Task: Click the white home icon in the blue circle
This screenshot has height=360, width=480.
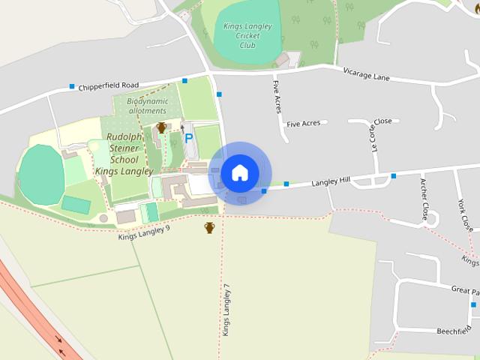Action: point(240,172)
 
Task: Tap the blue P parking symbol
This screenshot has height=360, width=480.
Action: point(189,138)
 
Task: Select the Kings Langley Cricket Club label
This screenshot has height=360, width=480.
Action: point(247,35)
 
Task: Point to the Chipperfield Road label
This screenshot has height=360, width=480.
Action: point(109,88)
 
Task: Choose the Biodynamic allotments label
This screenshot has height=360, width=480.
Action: point(146,106)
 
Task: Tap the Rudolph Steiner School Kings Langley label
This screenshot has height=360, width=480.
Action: point(124,154)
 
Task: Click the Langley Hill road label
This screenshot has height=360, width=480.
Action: point(331,181)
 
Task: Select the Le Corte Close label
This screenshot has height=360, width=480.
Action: point(376,135)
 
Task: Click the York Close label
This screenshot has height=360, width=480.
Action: point(464,214)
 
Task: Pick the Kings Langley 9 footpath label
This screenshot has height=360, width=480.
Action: point(144,233)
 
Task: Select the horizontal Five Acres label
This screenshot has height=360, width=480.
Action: point(304,124)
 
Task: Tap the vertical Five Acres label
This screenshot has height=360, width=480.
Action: point(277,96)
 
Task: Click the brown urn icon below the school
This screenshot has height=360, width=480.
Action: point(210,227)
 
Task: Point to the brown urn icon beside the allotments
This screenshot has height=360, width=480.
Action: point(161,127)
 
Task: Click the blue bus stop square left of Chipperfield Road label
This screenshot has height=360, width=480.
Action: point(72,86)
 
